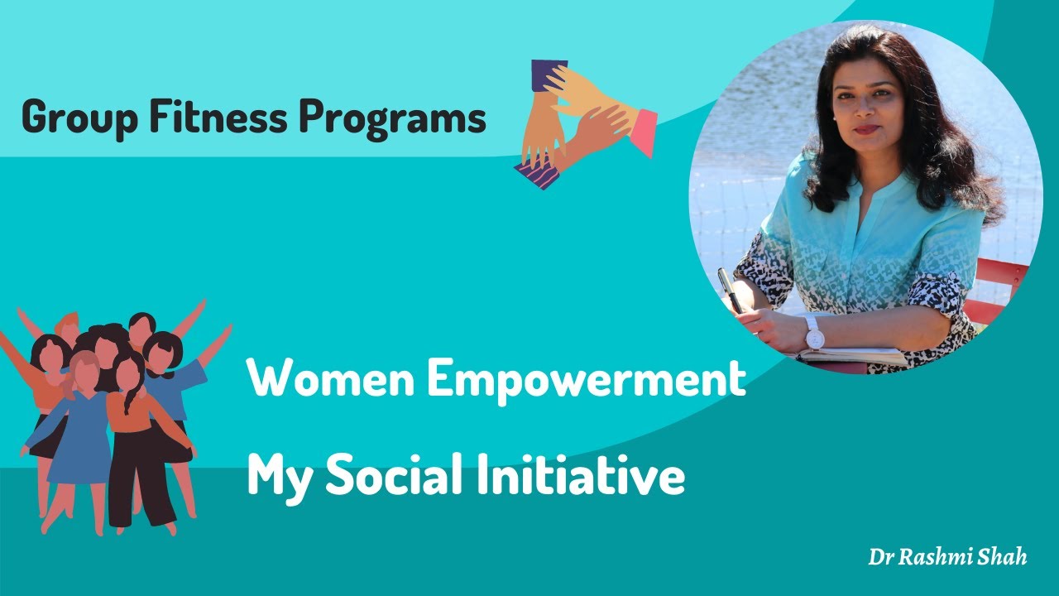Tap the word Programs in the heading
(x=392, y=118)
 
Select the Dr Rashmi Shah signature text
(x=946, y=556)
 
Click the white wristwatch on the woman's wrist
(x=813, y=334)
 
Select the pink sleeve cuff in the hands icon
(x=642, y=132)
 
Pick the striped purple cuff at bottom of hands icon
(x=536, y=175)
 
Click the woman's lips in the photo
(x=866, y=129)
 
